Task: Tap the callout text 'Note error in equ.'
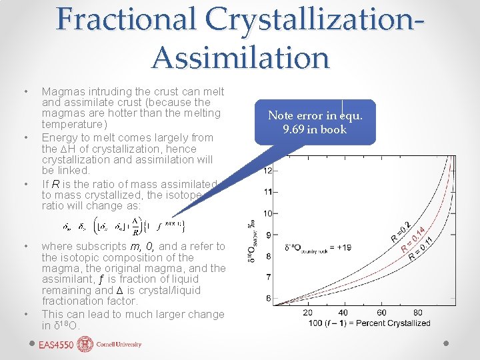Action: pos(315,115)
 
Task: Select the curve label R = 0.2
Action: pos(399,229)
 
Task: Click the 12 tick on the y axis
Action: pos(267,171)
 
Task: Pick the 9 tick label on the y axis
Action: pos(267,235)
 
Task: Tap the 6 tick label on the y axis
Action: pos(267,299)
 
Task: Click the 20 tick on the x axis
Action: pos(308,313)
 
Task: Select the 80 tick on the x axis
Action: pos(418,313)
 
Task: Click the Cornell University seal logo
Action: pos(86,344)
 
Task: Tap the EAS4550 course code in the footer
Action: pos(55,345)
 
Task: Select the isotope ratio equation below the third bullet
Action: pos(127,226)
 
